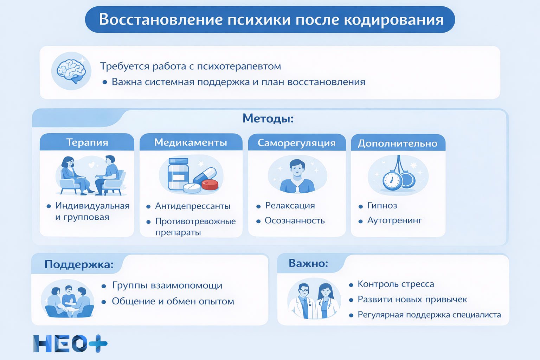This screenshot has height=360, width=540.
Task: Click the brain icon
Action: point(71,71)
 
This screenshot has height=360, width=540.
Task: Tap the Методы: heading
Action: point(268,118)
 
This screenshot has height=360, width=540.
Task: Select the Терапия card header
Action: point(87,142)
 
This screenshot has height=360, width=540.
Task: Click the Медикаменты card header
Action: point(191,142)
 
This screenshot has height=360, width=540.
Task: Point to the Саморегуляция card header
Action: point(296,143)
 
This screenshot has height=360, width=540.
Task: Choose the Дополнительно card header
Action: point(398,143)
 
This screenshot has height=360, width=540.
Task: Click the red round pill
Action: point(210,184)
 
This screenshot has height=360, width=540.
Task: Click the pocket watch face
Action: point(392,181)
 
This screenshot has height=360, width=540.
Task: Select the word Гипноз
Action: point(382,206)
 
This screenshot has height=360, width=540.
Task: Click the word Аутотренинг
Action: point(394,220)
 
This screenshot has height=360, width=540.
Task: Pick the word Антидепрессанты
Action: point(193,206)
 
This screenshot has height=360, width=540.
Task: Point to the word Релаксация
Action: point(290,206)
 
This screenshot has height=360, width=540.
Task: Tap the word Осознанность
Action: point(294,221)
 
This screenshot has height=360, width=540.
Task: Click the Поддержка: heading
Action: point(79,264)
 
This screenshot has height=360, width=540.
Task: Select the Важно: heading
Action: point(308,263)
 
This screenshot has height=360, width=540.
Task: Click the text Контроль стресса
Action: point(396,284)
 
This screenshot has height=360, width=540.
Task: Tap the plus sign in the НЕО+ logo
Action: point(98,343)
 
